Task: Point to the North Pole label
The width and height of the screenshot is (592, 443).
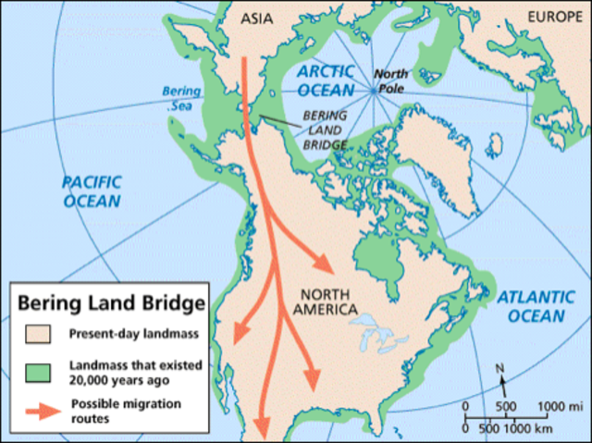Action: [x=400, y=81]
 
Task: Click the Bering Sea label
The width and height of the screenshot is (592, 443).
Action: [x=179, y=99]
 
